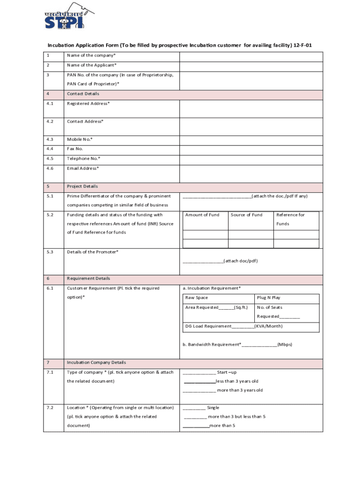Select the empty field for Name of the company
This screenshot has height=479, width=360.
(251, 56)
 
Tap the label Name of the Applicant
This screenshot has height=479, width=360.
(92, 65)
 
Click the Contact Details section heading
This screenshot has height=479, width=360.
(83, 94)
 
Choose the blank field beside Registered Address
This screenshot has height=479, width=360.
(251, 109)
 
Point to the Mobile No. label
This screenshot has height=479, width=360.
(80, 139)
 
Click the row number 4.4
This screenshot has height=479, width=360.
(50, 149)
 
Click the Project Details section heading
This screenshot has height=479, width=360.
(82, 186)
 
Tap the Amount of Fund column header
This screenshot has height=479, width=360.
(202, 215)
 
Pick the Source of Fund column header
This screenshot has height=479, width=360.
(246, 215)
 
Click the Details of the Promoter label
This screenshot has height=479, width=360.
(93, 252)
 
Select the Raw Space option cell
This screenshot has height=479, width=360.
(197, 298)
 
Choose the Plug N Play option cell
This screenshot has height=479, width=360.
(269, 298)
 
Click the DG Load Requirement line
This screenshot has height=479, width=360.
(234, 326)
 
